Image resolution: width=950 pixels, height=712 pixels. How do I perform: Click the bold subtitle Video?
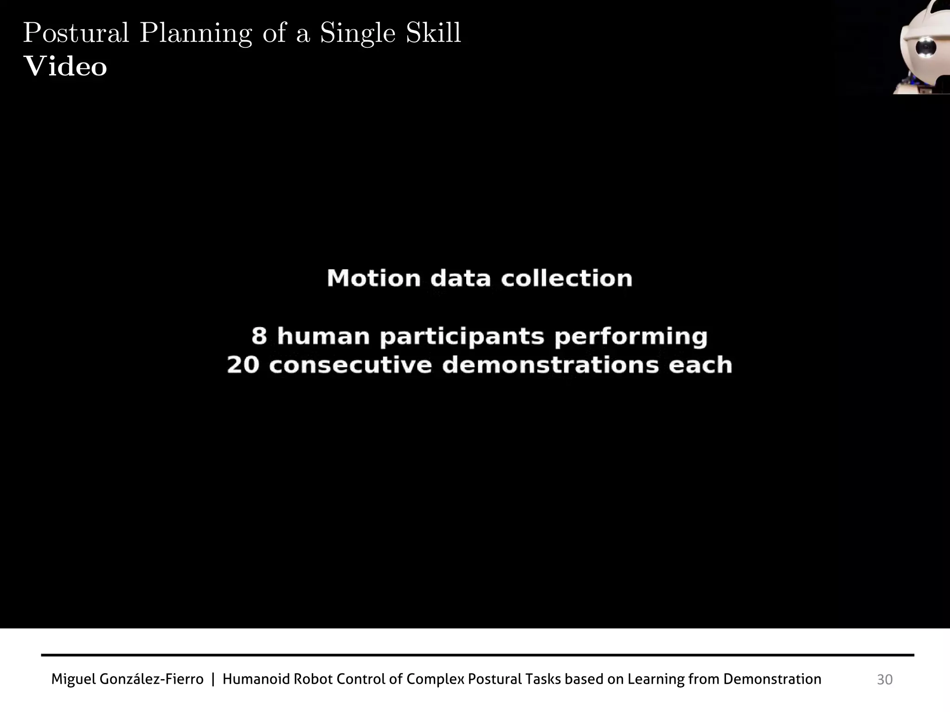pyautogui.click(x=65, y=67)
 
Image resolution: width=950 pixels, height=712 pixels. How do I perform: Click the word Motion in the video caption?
pyautogui.click(x=374, y=279)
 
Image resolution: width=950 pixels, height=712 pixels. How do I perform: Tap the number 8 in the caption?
pyautogui.click(x=259, y=336)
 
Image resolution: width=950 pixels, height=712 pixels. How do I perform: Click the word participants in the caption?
pyautogui.click(x=462, y=337)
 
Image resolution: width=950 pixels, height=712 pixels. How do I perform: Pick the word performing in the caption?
pyautogui.click(x=631, y=337)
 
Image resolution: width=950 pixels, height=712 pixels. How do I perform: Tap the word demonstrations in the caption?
pyautogui.click(x=550, y=365)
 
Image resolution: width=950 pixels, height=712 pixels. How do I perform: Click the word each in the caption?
pyautogui.click(x=700, y=365)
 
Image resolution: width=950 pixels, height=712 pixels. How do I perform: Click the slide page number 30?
pyautogui.click(x=885, y=680)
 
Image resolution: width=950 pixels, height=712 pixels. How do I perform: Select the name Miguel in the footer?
pyautogui.click(x=73, y=680)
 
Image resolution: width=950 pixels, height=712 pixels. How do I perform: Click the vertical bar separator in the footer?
pyautogui.click(x=213, y=680)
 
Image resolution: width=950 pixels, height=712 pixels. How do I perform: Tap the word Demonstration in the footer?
pyautogui.click(x=772, y=680)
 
